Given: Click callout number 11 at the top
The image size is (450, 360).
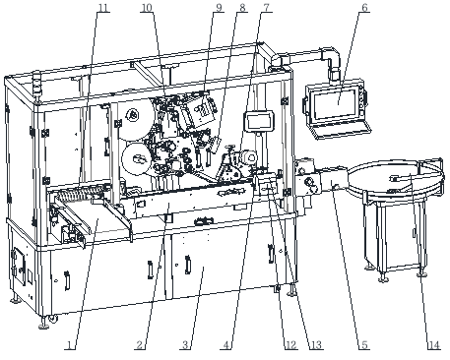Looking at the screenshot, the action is coord(103,7).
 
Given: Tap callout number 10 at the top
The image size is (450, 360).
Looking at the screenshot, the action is coord(147,7).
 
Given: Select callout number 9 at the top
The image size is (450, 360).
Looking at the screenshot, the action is coord(219,7).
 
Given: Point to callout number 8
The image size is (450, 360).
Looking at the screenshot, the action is coord(242,7).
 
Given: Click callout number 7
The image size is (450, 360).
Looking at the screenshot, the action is coord(268,7).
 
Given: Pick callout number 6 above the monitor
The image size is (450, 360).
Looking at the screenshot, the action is coord(364,7).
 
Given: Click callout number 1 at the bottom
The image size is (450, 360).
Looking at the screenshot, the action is coord(69,345).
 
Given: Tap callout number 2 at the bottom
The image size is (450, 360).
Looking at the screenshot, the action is coord(140,345).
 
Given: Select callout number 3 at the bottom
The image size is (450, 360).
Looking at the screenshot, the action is coord(185,345).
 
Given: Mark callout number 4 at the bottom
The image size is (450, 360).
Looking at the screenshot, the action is coord(226,345).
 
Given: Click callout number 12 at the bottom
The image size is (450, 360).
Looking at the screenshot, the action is coord(291,345).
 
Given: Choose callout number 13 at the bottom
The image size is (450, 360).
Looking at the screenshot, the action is coord(316,345).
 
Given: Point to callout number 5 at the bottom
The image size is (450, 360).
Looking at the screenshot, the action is coord(364,345).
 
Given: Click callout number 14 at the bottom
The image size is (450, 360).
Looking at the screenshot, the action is coord(433,345).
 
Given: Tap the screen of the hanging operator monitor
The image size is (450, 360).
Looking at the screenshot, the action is coord(335,103).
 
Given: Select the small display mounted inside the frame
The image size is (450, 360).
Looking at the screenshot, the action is coord(259,121).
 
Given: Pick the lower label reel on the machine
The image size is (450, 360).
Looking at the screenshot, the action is coord(138,158).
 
